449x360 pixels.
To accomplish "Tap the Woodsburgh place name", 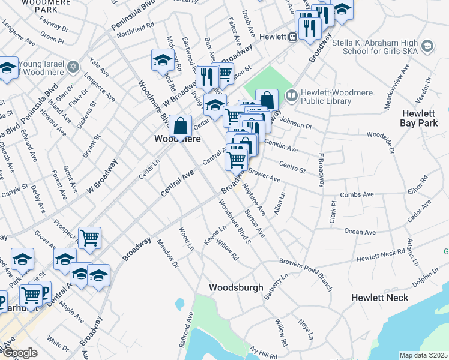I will coord(236,287).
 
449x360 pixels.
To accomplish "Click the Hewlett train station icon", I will coord(292,37).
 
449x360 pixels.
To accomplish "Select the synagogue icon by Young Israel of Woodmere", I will coord(73,66).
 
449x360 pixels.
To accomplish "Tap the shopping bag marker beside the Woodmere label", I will coord(180,126).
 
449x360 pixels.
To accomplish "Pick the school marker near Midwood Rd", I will coord(162,60).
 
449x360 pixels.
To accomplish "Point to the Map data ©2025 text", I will coord(423,355).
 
